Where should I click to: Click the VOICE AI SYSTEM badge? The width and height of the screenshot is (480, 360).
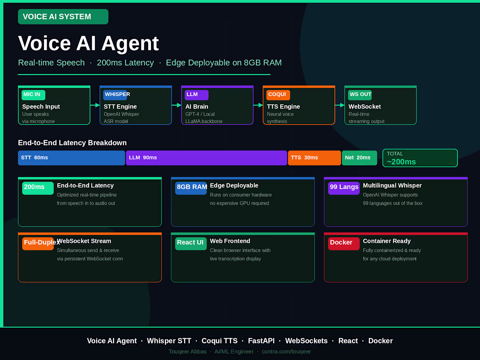pos(63,17)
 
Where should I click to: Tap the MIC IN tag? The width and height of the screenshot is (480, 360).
pos(34,95)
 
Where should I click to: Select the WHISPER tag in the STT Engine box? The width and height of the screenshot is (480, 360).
pos(115,95)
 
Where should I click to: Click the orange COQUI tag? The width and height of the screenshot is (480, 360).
pos(278,95)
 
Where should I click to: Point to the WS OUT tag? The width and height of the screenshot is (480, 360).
pos(360,95)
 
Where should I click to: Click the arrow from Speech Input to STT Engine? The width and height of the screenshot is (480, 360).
pos(95,105)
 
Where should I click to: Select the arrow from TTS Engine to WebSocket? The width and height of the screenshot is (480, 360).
pos(340,105)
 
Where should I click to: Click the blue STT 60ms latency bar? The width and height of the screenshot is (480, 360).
pos(71,157)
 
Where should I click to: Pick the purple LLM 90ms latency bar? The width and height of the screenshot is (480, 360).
pos(206,157)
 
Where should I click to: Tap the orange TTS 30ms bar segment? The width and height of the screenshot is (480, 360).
pos(315,157)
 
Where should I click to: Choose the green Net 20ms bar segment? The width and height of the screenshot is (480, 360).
pos(359,157)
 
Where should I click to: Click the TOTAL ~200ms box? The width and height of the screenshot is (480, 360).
pos(420,158)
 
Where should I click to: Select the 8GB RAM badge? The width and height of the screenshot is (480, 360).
pos(191,188)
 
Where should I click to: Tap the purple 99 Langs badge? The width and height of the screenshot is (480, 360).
pos(344,188)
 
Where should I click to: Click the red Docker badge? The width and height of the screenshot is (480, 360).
pos(344,244)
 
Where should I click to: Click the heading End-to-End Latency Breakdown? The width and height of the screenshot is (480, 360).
pos(72,143)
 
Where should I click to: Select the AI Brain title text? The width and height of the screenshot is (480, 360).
pos(197,107)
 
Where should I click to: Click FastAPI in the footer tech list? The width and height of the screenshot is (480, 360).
pos(261,340)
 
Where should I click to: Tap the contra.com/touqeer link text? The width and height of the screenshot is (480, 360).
pos(286,351)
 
